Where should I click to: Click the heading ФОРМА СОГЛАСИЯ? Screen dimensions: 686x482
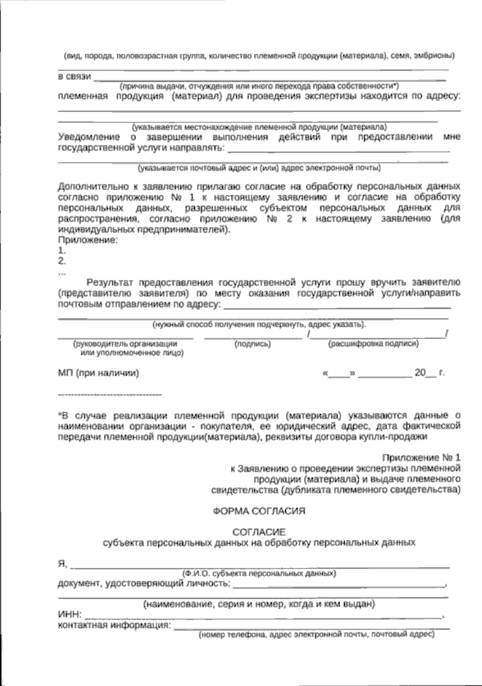259,511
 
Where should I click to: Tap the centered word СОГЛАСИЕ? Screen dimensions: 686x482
259,532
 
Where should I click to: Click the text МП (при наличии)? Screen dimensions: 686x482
99,373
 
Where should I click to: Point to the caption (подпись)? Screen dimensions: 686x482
252,344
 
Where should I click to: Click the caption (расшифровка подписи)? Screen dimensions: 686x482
374,344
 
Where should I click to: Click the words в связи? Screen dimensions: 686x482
75,76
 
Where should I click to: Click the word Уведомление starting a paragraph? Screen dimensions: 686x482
88,137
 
